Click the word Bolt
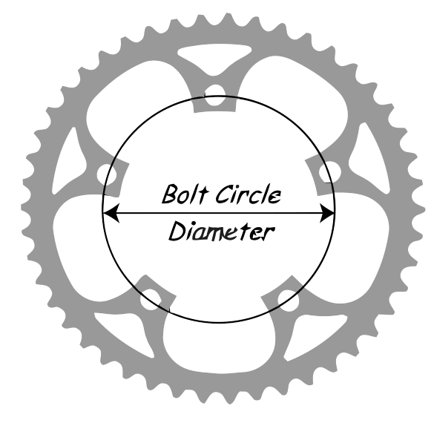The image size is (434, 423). [185, 194]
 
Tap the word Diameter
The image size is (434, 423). [222, 231]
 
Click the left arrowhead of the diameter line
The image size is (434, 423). [111, 213]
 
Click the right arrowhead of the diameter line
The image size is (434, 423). [326, 213]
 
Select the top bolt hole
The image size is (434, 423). [214, 95]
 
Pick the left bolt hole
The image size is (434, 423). [107, 174]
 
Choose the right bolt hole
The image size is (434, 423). [329, 172]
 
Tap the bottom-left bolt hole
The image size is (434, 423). [151, 300]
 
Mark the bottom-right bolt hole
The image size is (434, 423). [289, 301]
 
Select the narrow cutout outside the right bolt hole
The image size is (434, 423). [369, 157]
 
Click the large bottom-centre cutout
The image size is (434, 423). [220, 344]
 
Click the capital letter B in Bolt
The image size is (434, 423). [169, 194]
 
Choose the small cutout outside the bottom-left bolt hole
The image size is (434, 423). [122, 332]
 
